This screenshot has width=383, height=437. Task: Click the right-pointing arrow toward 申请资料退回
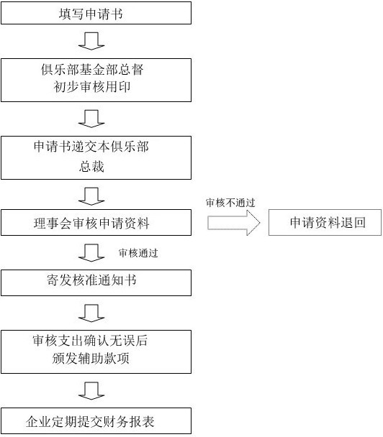pos(234,223)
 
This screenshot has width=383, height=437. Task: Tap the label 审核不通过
pos(230,203)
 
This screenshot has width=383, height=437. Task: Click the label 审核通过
pos(138,253)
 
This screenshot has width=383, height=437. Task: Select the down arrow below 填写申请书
pos(91,41)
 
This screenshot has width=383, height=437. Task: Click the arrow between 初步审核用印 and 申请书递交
pos(91,119)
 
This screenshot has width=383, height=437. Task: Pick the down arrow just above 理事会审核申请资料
pos(91,196)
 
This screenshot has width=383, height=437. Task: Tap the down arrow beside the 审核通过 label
pos(91,253)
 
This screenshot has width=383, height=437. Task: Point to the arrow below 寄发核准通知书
pos(91,313)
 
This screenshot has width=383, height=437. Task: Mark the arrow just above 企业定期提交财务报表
pos(91,391)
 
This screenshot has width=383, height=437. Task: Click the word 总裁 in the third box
pos(91,167)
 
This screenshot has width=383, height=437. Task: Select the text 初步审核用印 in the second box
pos(92,87)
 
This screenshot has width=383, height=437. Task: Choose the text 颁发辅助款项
pos(91,359)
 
